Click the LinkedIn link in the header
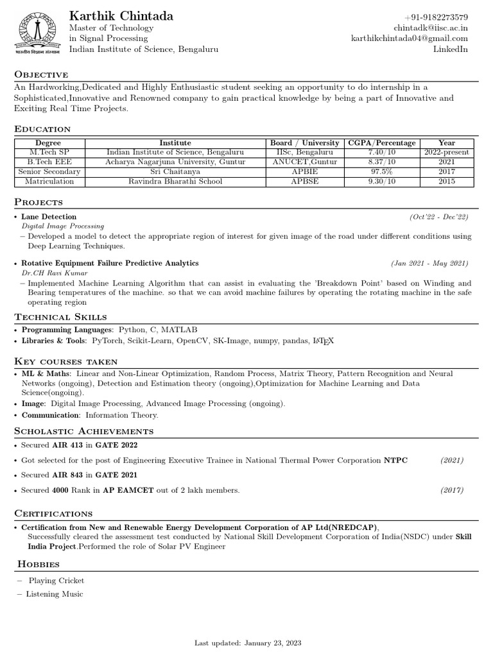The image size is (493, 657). [451, 49]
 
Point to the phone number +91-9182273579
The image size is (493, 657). [436, 17]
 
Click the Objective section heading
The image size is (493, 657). [41, 74]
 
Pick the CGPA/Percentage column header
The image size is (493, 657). [381, 143]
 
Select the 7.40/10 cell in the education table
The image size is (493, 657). [381, 153]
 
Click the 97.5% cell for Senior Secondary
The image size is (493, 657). [381, 172]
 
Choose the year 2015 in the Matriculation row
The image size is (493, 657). [447, 182]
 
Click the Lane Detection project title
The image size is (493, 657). [49, 217]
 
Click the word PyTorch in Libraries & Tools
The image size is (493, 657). [107, 341]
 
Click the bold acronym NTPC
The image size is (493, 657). [395, 461]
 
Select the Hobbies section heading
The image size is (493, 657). [39, 564]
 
